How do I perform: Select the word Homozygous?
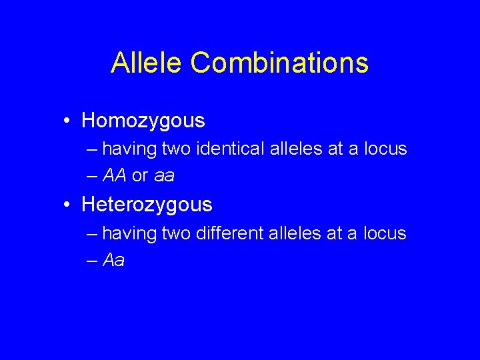(x=143, y=121)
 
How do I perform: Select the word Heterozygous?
(x=147, y=205)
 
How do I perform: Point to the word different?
(x=231, y=233)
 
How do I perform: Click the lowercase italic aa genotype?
(x=164, y=176)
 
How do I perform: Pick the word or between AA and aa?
(x=140, y=176)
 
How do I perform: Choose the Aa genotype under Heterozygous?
(x=114, y=260)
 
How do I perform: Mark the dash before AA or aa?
(x=92, y=176)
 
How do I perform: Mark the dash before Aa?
(x=92, y=260)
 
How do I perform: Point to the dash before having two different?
(x=92, y=233)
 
